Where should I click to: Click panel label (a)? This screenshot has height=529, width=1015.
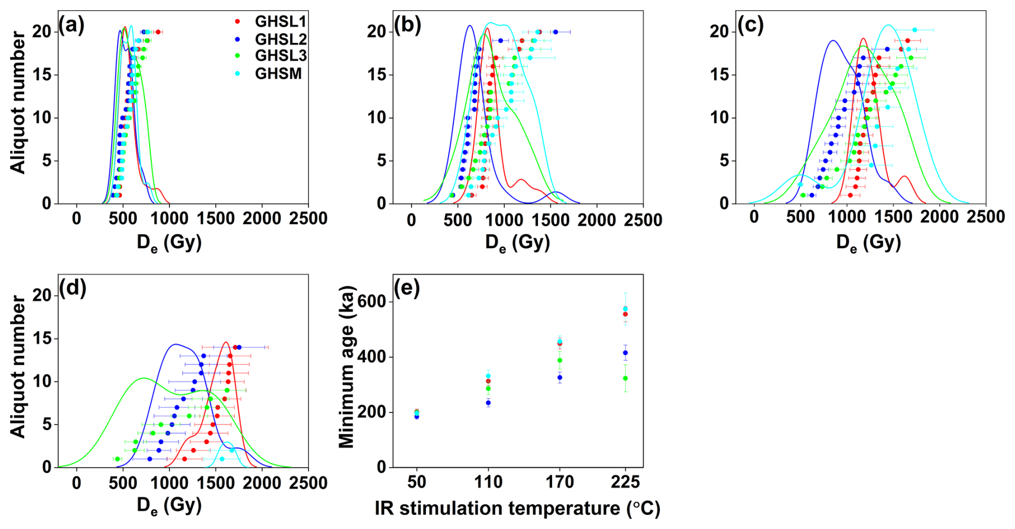(x=71, y=25)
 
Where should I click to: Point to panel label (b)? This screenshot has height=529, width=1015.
(x=407, y=25)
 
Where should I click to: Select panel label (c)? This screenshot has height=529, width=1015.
(x=751, y=25)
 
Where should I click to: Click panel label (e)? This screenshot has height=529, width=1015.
(x=407, y=288)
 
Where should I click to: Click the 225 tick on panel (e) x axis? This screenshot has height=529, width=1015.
(x=625, y=482)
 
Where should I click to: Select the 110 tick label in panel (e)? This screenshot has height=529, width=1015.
(x=488, y=482)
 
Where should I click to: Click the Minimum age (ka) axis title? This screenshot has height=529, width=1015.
(x=348, y=367)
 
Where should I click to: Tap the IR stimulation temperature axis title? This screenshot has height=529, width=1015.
(x=517, y=508)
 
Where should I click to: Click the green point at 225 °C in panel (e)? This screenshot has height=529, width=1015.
(x=626, y=378)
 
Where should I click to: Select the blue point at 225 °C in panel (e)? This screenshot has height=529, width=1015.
(x=626, y=353)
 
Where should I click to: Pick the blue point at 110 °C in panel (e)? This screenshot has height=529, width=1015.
(x=488, y=403)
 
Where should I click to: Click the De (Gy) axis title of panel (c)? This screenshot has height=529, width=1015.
(x=868, y=243)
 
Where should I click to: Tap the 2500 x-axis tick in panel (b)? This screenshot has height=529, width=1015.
(x=643, y=219)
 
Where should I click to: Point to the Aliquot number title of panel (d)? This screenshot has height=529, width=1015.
(x=18, y=367)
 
